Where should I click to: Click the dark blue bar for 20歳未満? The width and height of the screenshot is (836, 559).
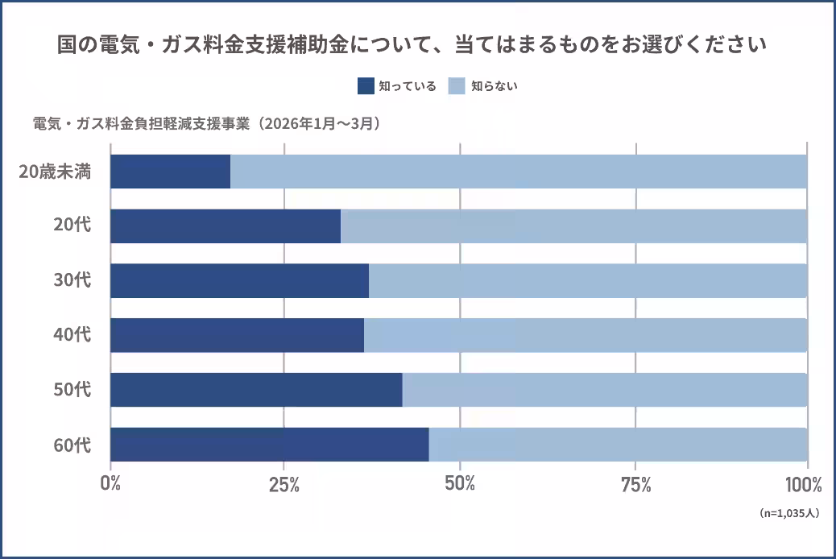(x=170, y=172)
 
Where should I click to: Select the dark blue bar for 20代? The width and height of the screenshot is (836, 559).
(x=226, y=226)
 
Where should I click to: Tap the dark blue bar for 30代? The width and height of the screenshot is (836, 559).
(x=239, y=280)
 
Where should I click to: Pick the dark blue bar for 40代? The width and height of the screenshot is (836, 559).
(x=237, y=335)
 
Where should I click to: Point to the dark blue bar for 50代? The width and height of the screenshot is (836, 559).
(x=256, y=390)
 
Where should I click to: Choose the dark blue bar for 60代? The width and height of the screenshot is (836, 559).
(x=269, y=445)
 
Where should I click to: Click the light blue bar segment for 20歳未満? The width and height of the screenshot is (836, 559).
(x=519, y=172)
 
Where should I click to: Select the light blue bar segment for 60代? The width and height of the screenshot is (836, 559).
(x=618, y=445)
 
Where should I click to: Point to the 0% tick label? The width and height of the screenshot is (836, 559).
(x=110, y=485)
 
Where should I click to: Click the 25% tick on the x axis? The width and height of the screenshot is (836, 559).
(x=284, y=485)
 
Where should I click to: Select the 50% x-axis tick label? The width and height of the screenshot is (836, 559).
(x=459, y=485)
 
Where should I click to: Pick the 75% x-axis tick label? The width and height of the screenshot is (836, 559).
(x=635, y=485)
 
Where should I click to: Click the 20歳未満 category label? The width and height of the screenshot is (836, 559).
(x=55, y=172)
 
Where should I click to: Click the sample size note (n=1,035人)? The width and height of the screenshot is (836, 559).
(x=789, y=512)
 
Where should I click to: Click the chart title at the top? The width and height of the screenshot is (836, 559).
(x=412, y=45)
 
